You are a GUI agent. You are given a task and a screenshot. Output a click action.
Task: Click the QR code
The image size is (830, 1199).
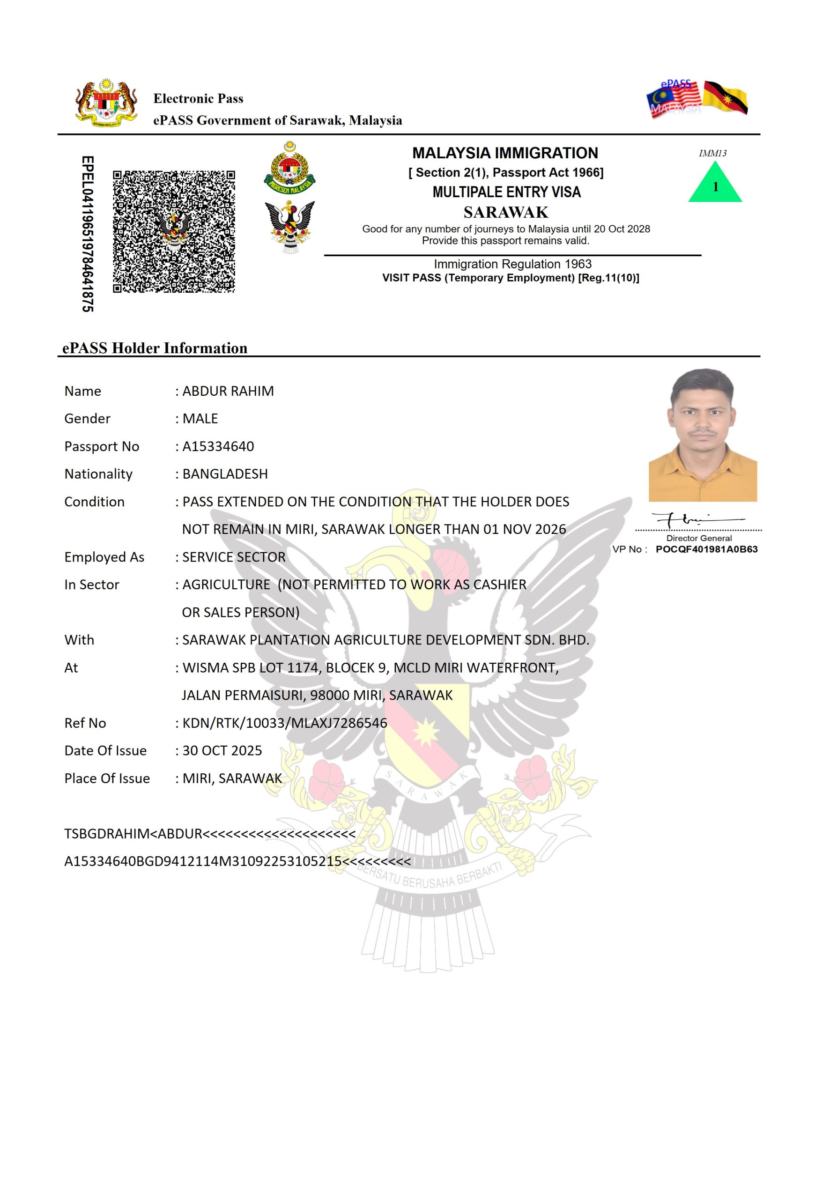pyautogui.click(x=174, y=231)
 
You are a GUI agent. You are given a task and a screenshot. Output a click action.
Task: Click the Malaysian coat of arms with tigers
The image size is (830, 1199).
pyautogui.click(x=107, y=103)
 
